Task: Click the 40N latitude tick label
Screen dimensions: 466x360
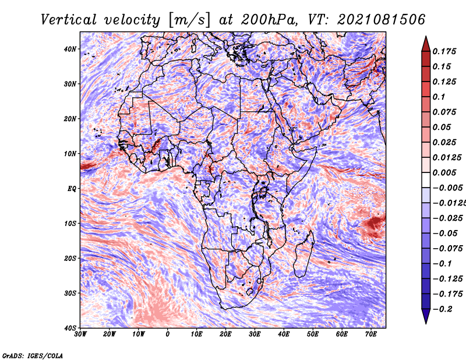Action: tap(70, 49)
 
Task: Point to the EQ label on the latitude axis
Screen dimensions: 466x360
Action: tap(72, 189)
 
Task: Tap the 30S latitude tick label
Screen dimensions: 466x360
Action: tap(70, 293)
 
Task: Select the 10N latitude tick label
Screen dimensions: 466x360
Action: tap(70, 154)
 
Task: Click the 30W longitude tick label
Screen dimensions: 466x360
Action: tap(80, 334)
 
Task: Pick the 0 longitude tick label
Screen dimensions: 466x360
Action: tap(168, 334)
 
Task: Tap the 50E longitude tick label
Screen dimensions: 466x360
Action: tap(313, 334)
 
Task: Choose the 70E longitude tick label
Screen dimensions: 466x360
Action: tap(371, 334)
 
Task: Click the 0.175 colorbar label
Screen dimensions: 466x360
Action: tap(444, 51)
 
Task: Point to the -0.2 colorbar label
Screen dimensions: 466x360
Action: tap(442, 309)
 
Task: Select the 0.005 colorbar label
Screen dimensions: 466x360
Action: tap(444, 172)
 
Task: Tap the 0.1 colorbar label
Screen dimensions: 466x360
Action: tap(439, 97)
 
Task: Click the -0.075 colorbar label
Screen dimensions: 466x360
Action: tap(447, 249)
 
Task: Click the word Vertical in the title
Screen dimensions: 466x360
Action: tap(69, 20)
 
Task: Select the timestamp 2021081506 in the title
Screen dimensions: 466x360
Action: tap(382, 20)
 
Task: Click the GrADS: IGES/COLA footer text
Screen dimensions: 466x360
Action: tap(33, 355)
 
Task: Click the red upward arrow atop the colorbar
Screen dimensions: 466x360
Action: tap(426, 44)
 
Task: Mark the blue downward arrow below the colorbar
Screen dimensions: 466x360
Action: tap(426, 316)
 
